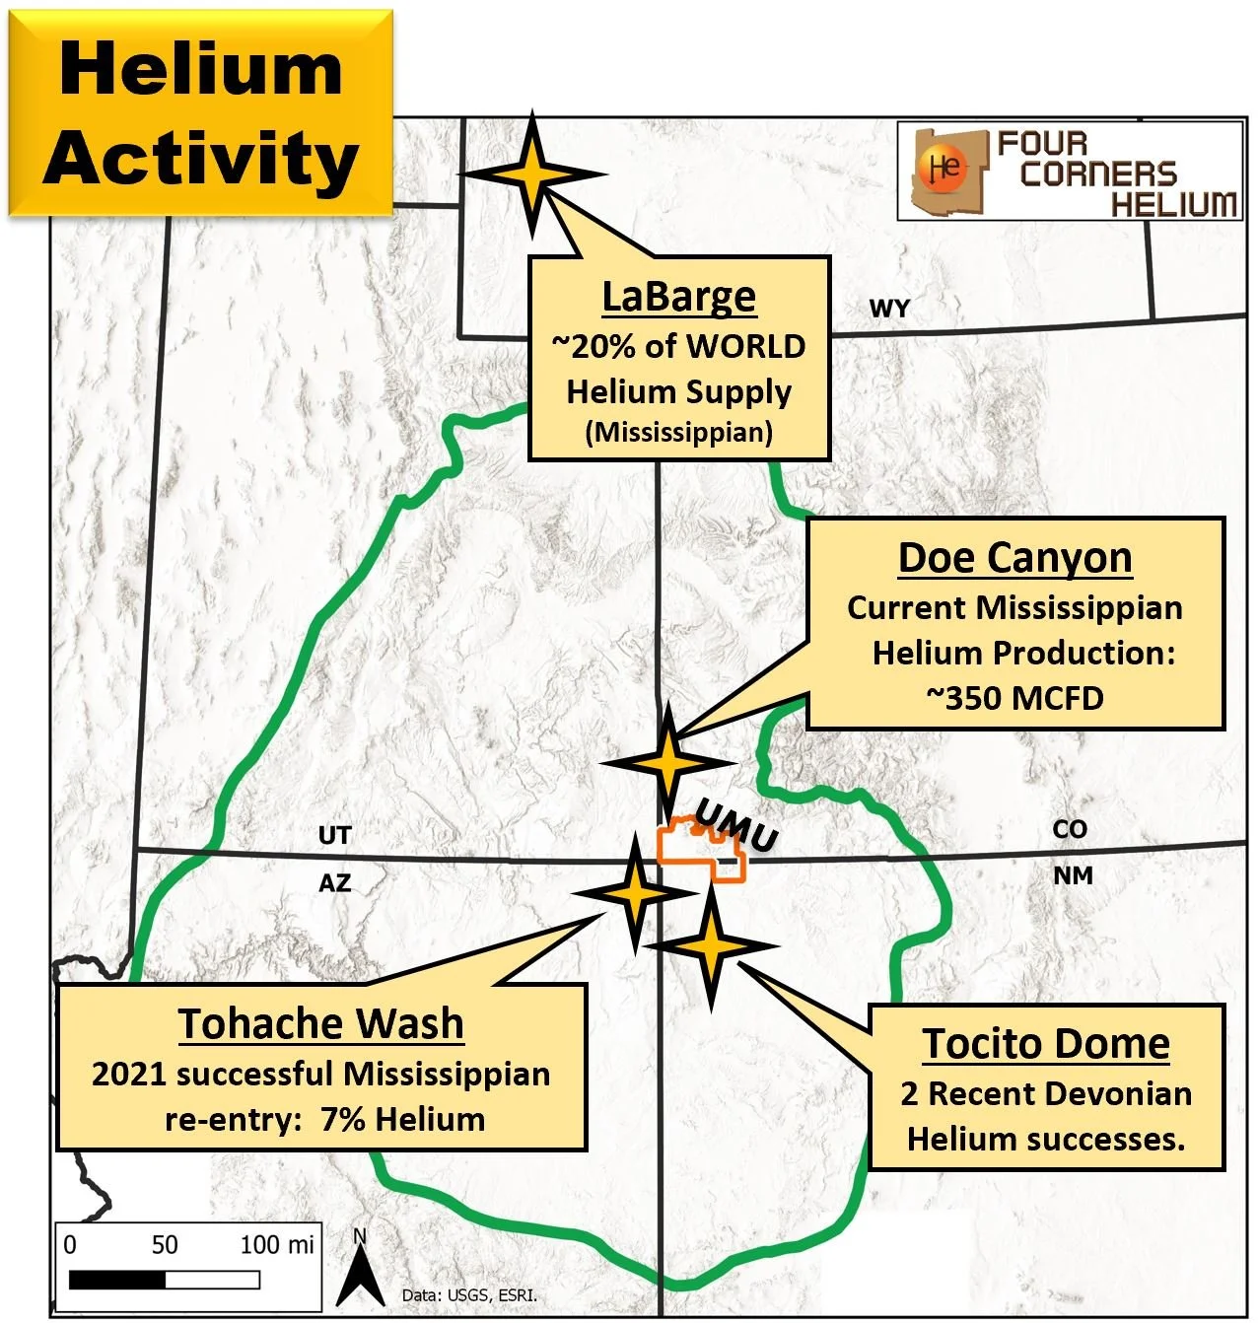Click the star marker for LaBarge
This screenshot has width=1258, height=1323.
click(x=532, y=174)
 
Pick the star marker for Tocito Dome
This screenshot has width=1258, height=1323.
click(x=712, y=945)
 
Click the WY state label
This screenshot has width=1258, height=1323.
click(x=888, y=309)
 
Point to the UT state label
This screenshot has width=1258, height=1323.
click(x=334, y=835)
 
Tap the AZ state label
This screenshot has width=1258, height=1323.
click(x=334, y=882)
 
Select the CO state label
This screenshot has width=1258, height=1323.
click(x=1070, y=829)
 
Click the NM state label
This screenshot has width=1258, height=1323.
click(x=1073, y=875)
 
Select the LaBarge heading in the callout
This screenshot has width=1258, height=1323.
click(x=678, y=296)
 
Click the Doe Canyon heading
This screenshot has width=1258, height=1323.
click(x=1014, y=557)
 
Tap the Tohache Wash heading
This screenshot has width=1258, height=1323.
click(x=321, y=1023)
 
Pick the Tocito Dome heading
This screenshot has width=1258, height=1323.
click(x=1046, y=1043)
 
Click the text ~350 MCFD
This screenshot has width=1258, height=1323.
click(x=1014, y=698)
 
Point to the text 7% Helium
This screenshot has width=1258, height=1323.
click(x=402, y=1119)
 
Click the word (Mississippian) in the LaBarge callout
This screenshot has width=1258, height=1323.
click(x=678, y=432)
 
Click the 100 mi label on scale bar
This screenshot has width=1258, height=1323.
click(x=277, y=1244)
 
